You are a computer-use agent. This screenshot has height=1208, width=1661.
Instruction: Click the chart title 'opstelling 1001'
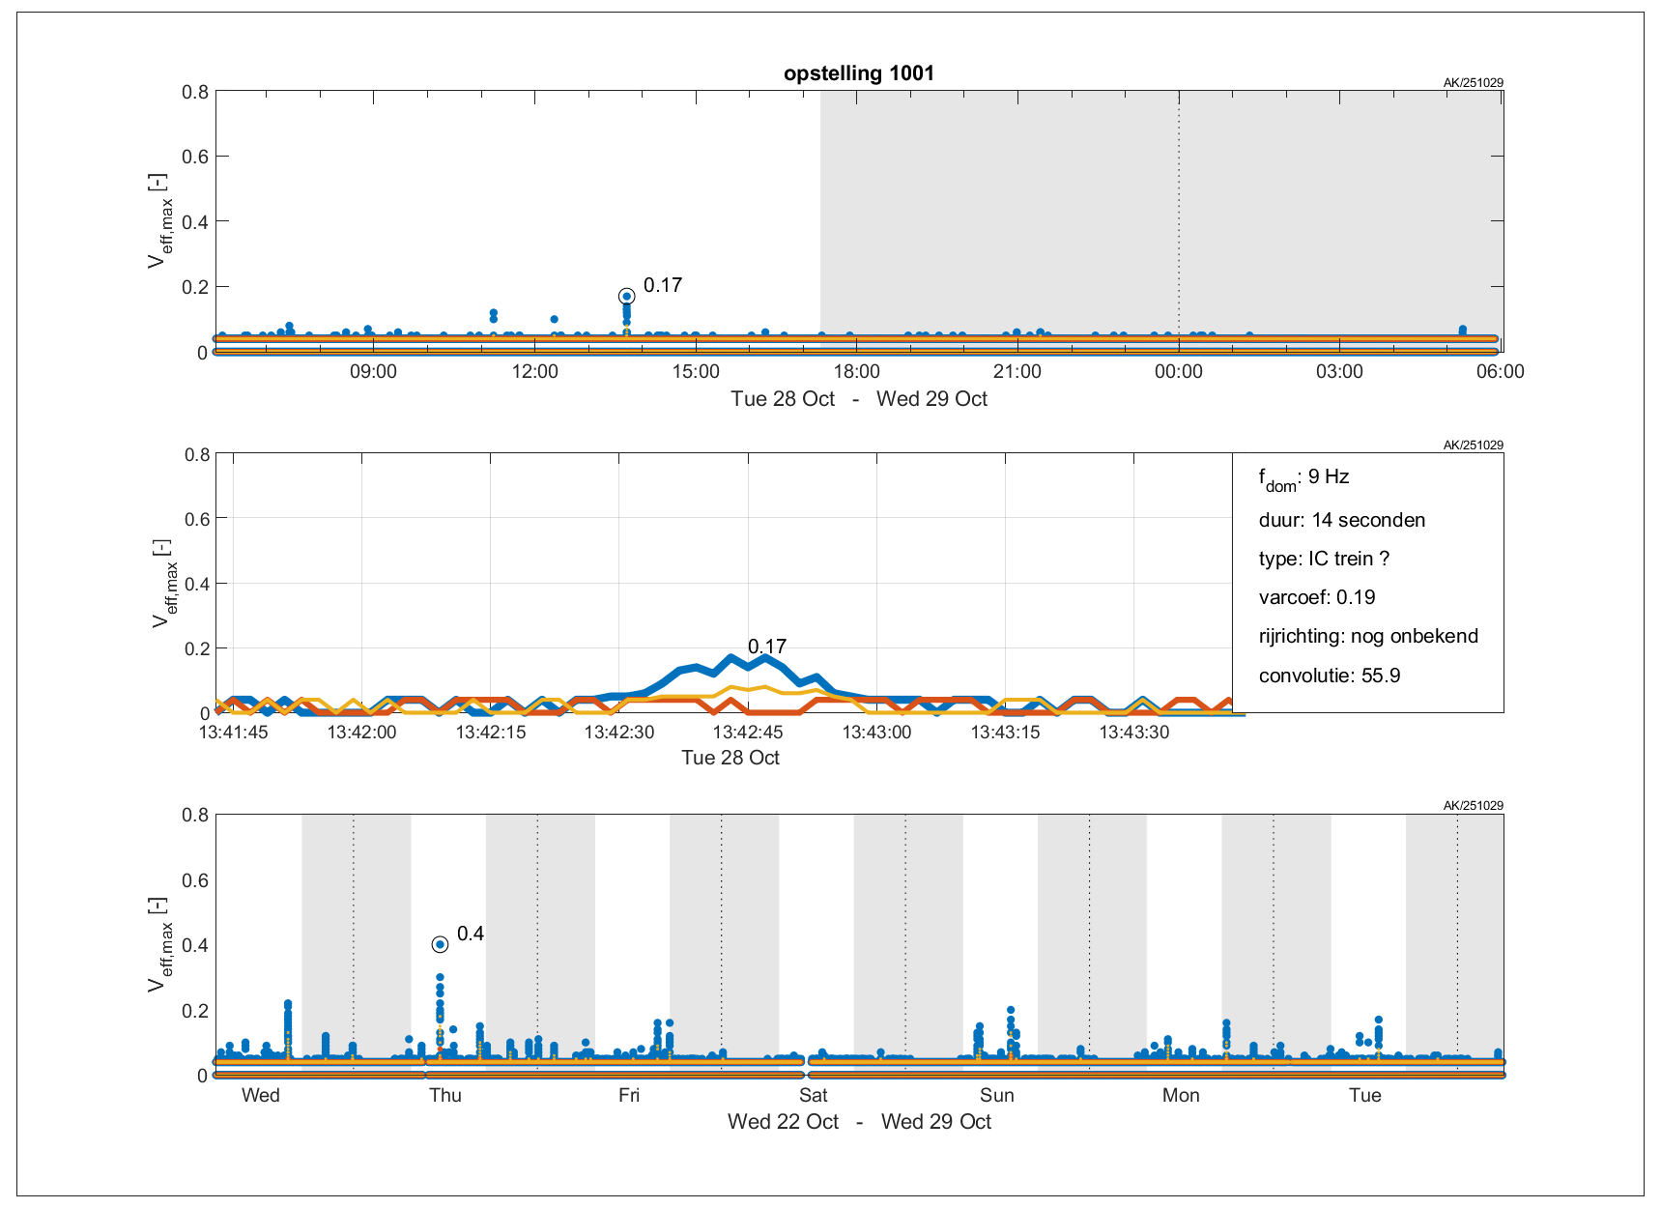tap(858, 73)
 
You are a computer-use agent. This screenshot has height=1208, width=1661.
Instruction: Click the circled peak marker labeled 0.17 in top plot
tap(626, 297)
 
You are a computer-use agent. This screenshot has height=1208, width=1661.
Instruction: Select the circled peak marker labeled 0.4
tap(440, 944)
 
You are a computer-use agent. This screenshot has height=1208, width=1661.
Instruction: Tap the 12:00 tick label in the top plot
tap(534, 372)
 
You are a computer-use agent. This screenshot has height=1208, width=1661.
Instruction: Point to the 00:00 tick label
tap(1178, 372)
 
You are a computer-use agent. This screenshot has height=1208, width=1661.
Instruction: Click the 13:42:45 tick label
tap(747, 733)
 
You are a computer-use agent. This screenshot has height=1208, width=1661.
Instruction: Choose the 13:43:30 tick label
tap(1133, 733)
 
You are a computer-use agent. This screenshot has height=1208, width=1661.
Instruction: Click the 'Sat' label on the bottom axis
tap(813, 1095)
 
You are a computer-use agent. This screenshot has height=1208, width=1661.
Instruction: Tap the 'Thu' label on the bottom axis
tap(445, 1095)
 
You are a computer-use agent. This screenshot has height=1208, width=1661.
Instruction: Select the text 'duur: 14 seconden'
tap(1341, 520)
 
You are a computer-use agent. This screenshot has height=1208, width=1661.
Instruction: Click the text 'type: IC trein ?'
tap(1324, 559)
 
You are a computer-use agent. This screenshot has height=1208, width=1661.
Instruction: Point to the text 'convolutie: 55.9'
tap(1329, 676)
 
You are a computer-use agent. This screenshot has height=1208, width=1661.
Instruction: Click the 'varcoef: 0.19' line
tap(1316, 597)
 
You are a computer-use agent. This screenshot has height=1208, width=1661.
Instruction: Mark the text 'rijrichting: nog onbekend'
tap(1367, 636)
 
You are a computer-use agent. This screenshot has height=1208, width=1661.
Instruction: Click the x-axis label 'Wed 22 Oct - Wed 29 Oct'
tap(859, 1122)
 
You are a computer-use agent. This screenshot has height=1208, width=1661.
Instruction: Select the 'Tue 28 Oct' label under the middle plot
tap(730, 758)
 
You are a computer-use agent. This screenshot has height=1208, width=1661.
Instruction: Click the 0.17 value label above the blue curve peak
tap(766, 647)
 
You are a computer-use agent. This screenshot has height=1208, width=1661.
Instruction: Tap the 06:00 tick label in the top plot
tap(1500, 372)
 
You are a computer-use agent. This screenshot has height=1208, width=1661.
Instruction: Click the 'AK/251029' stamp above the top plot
tap(1473, 83)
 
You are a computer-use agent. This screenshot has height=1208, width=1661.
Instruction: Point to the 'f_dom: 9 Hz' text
tap(1303, 477)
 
